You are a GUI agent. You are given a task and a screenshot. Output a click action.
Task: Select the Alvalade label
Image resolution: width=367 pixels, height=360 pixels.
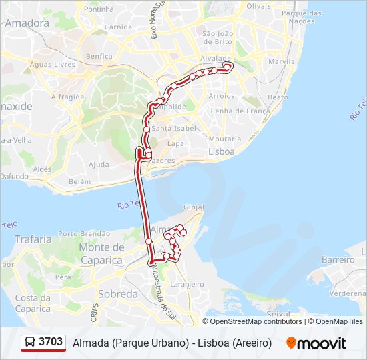pos(215,58)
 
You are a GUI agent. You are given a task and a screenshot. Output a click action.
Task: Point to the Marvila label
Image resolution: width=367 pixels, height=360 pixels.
pos(281,62)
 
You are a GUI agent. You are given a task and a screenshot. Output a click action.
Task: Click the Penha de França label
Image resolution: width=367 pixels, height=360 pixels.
pos(235,111)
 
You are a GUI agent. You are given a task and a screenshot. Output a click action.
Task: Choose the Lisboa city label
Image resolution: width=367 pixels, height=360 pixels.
pos(222,151)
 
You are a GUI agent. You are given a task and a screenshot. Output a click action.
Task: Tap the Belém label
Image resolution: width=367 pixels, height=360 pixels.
pos(79,181)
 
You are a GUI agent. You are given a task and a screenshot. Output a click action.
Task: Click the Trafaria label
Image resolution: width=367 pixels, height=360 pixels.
pos(33,239)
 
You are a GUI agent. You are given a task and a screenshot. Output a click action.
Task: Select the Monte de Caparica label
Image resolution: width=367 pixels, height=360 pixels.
pos(101,254)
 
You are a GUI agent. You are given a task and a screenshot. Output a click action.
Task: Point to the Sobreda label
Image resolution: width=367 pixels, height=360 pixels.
pos(117,293)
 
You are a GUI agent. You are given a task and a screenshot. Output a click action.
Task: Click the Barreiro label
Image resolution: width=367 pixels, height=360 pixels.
pos(337,259)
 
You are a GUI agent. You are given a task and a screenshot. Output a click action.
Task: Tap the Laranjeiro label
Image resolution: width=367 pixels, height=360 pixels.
pos(187,284)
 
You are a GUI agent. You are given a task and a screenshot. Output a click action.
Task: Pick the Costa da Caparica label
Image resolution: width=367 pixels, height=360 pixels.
pos(33,303)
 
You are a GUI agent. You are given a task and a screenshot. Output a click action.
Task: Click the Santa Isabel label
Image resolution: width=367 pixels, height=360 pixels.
pos(173,129)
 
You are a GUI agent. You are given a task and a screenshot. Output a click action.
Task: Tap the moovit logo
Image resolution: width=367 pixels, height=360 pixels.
pos(316,343)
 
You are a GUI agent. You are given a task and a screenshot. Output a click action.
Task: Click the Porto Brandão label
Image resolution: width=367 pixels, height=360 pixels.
pos(84,234)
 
